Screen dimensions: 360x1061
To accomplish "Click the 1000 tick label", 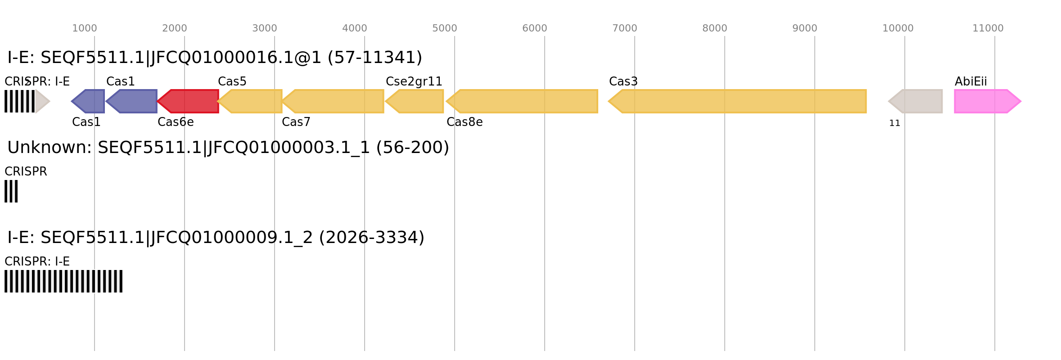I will pos(84,28).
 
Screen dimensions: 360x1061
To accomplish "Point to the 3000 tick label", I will pos(264,28).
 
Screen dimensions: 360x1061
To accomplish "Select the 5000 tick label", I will pos(444,28).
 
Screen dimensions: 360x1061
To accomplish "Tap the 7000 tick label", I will pos(624,28).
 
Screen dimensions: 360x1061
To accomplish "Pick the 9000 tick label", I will pos(804,28).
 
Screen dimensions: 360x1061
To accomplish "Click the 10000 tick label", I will pos(898,28).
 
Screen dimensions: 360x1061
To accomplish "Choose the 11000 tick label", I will pos(988,28).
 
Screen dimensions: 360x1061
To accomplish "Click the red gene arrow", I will pos(189,101).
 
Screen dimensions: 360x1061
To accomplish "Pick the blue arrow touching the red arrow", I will pos(132,101).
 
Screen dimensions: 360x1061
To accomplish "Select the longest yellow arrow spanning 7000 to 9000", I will pos(738,101).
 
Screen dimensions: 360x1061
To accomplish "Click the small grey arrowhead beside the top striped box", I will pos(42,101).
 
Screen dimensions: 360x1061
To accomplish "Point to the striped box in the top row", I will pos(20,101).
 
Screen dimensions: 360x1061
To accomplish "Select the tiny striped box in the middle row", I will pos(11,191).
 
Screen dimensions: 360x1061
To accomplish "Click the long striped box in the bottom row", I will pos(63,281).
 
